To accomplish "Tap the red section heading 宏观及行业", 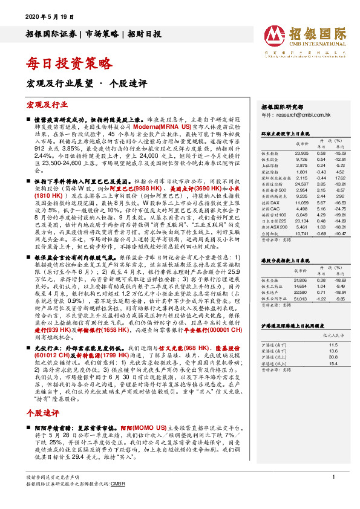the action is (45, 105).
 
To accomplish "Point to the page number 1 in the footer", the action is (333, 494).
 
